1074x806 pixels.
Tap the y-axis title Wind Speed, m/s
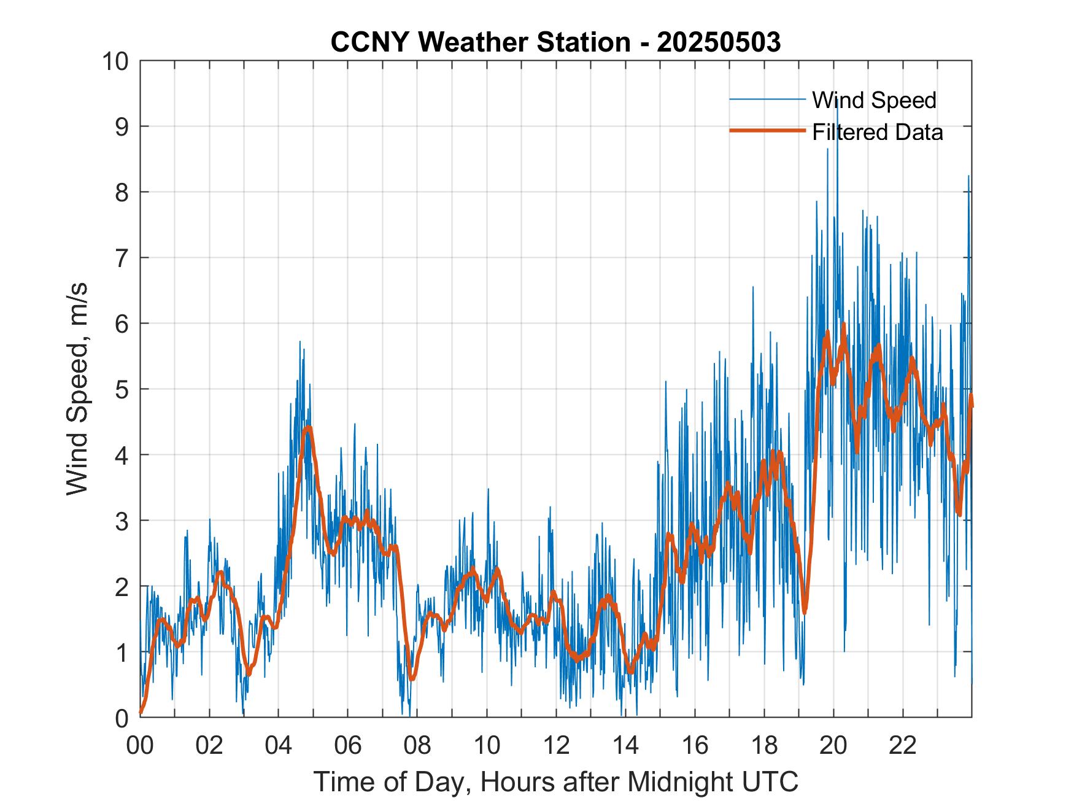[x=77, y=389]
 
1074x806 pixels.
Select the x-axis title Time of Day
[x=556, y=781]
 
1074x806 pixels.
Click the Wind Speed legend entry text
[x=874, y=100]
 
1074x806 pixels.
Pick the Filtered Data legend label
[x=877, y=132]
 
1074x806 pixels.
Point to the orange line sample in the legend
[x=767, y=131]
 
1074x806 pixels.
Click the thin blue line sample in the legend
[x=767, y=99]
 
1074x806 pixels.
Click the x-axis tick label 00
[x=141, y=746]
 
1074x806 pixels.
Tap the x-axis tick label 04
[x=279, y=746]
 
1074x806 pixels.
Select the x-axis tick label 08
[x=417, y=746]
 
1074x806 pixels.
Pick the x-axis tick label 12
[x=556, y=746]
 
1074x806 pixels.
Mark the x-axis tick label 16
[x=695, y=746]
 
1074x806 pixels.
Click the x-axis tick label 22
[x=903, y=746]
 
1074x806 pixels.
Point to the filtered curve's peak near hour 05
[x=308, y=428]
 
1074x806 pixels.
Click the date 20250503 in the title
[x=719, y=42]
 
